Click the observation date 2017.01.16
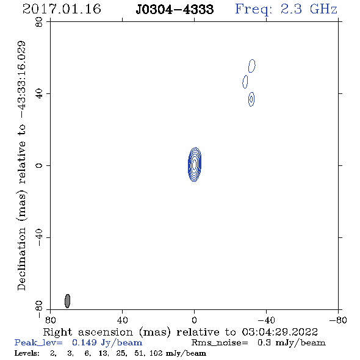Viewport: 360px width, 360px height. [62, 9]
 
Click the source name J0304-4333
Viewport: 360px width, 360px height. [175, 9]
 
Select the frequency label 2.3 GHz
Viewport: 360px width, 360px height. [309, 9]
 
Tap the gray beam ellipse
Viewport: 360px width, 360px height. [67, 301]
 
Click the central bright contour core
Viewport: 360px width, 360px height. [195, 164]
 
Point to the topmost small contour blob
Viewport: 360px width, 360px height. [252, 66]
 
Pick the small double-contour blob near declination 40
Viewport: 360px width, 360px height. [251, 99]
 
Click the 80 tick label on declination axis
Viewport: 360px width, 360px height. [39, 22]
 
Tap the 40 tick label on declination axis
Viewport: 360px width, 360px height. [39, 94]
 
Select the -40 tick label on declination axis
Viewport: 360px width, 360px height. [39, 237]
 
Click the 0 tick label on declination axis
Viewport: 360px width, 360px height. [39, 165]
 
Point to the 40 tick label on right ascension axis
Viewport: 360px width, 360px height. [123, 320]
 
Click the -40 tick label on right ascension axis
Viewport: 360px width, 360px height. [266, 320]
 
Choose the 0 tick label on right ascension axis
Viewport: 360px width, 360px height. [194, 320]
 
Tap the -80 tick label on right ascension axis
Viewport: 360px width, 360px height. [338, 320]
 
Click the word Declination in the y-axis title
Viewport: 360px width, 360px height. [21, 259]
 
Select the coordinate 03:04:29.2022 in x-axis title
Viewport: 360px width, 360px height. [279, 332]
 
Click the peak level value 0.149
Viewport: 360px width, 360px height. [84, 342]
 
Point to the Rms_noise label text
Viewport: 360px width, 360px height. [220, 343]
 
